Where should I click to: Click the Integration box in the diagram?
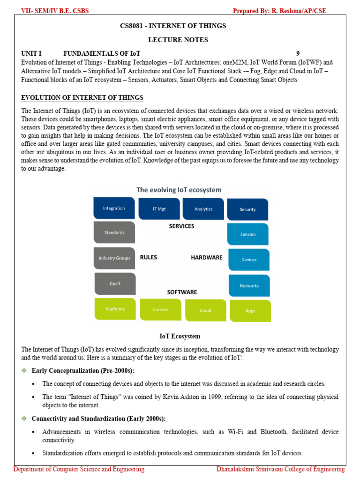point(114,208)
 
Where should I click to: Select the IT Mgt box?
point(159,209)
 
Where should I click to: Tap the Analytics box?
point(203,209)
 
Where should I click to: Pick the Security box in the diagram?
point(247,209)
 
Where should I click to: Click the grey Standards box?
point(114,232)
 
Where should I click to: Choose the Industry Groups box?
point(114,258)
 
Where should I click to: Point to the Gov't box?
point(115,284)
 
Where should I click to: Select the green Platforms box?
point(115,309)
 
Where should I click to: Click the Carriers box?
point(160,309)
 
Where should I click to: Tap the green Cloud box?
point(205,310)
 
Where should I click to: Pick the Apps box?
point(250,311)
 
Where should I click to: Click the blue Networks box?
point(249,285)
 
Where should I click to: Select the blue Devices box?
point(249,260)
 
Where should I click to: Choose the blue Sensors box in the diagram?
point(248,234)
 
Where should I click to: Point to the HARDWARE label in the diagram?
point(206,257)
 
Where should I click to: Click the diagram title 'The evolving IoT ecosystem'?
point(179,190)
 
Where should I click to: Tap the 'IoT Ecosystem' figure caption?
point(180,336)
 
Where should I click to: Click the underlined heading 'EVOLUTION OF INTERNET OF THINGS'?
point(82,98)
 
